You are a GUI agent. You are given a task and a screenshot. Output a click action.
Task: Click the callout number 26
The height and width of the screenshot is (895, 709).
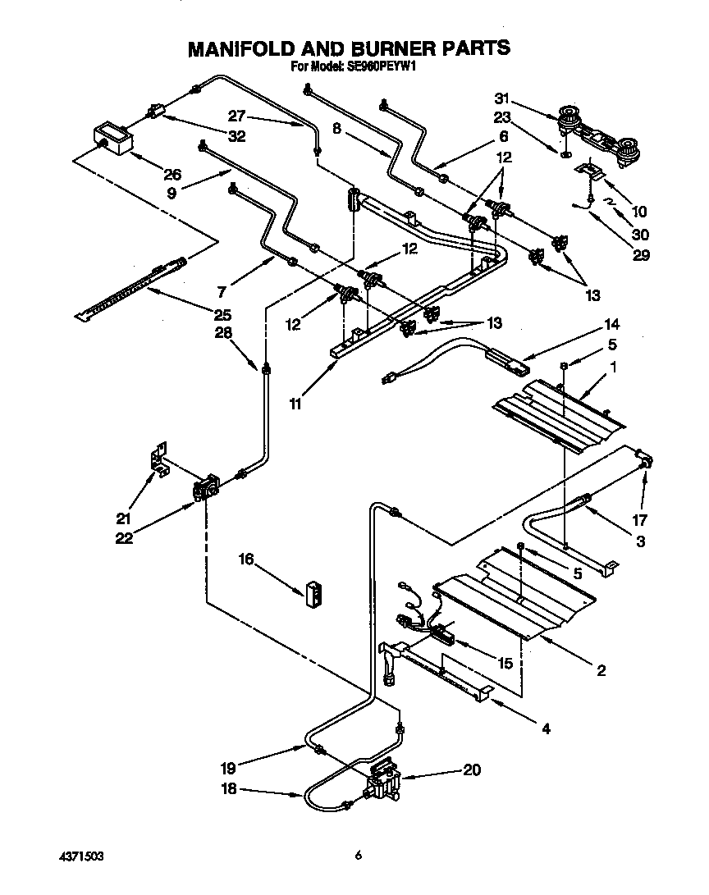point(172,174)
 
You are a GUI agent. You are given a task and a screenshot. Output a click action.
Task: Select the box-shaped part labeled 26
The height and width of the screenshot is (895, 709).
point(110,138)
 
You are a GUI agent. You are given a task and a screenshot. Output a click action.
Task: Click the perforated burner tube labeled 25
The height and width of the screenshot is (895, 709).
point(131,289)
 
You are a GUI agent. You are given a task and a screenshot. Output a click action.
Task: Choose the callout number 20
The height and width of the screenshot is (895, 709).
point(471,770)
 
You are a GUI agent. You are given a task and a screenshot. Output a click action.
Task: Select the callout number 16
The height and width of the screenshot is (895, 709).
point(245,559)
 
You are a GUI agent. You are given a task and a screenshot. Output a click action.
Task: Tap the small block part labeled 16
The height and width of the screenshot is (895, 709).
point(313,593)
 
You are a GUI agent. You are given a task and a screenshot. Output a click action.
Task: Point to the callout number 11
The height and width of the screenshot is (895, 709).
point(295,404)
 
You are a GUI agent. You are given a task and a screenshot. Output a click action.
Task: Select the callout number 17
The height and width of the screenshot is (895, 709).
point(640,519)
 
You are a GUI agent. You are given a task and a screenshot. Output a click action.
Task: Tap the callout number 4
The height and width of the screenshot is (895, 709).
point(547,727)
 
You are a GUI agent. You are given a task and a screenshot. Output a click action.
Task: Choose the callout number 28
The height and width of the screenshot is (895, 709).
point(223,333)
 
